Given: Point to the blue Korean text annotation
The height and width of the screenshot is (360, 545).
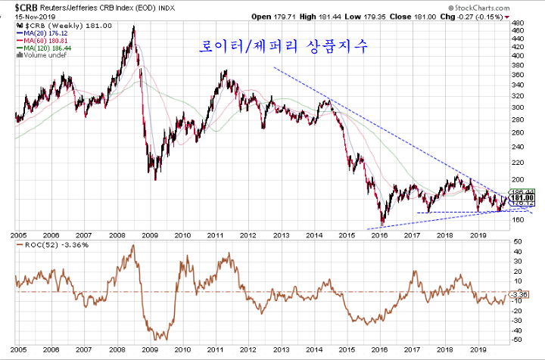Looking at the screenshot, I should pos(283,47).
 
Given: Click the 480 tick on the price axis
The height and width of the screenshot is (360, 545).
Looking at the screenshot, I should pos(519,23).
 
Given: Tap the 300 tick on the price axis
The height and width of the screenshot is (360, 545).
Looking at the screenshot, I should pos(519,107).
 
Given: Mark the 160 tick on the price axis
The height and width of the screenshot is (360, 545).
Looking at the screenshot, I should pos(519,220).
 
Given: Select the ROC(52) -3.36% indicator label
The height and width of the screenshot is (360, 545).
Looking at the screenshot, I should pos(45,245).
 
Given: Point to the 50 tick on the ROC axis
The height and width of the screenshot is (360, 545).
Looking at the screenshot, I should pos(518,241).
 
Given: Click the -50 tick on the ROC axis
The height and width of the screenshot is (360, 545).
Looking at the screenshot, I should pos(519,339).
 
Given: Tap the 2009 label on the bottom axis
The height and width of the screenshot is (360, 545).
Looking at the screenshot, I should pos(150,349).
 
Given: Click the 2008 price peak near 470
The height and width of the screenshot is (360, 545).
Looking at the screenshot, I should pos(134,27).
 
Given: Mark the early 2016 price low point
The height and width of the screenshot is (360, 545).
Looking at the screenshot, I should pos(383,224).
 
